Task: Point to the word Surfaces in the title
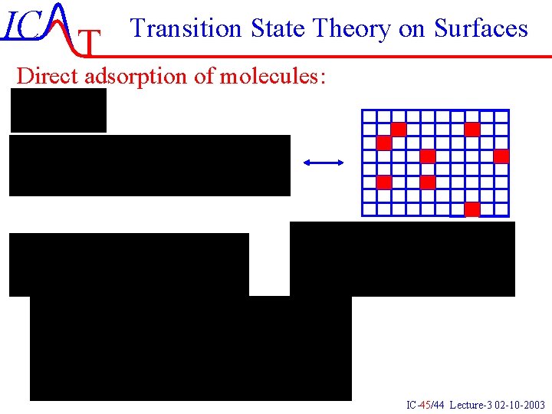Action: (481, 28)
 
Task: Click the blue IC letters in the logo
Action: (22, 26)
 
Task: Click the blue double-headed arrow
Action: (324, 162)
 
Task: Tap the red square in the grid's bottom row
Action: (472, 209)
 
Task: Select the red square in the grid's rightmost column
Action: (501, 156)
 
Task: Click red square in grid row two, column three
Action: (399, 129)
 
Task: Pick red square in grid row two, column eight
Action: (472, 129)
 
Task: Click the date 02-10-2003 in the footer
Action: (521, 404)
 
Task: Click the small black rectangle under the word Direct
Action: (58, 110)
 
